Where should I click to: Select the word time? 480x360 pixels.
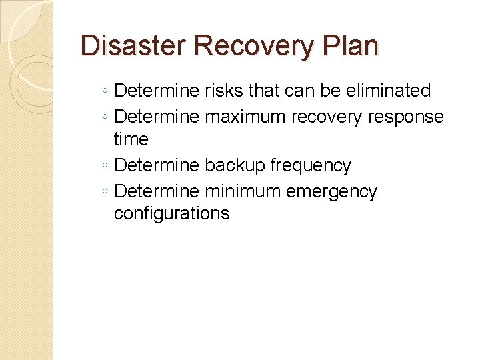pos(131,139)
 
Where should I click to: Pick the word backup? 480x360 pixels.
pos(235,165)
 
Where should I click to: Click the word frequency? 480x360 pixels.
pos(311,165)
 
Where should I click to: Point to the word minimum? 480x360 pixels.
pos(243,192)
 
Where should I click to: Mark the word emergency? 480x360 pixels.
pos(331,192)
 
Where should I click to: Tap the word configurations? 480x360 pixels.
pos(171,214)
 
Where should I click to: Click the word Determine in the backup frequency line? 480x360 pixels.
pos(157,165)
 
